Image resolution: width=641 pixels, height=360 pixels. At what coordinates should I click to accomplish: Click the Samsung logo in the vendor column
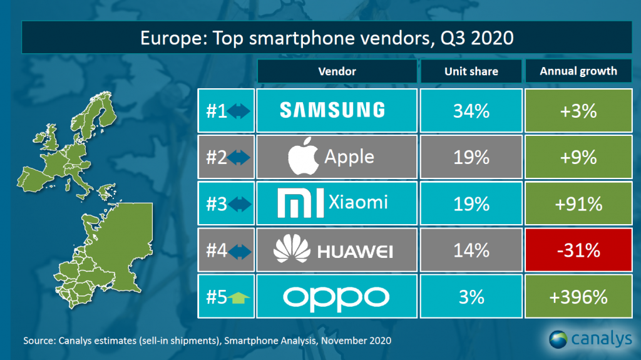coord(332,111)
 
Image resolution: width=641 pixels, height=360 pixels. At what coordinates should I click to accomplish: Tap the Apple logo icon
coord(304,157)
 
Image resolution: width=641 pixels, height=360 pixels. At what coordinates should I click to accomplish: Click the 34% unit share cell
coord(471,111)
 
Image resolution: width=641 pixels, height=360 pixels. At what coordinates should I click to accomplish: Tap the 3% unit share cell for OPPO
coord(471,296)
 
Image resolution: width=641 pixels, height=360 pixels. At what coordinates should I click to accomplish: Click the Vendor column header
coord(337,71)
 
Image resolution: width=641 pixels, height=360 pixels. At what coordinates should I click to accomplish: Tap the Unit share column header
coord(471,71)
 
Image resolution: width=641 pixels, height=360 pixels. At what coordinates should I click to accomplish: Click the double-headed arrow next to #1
coord(238,111)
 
